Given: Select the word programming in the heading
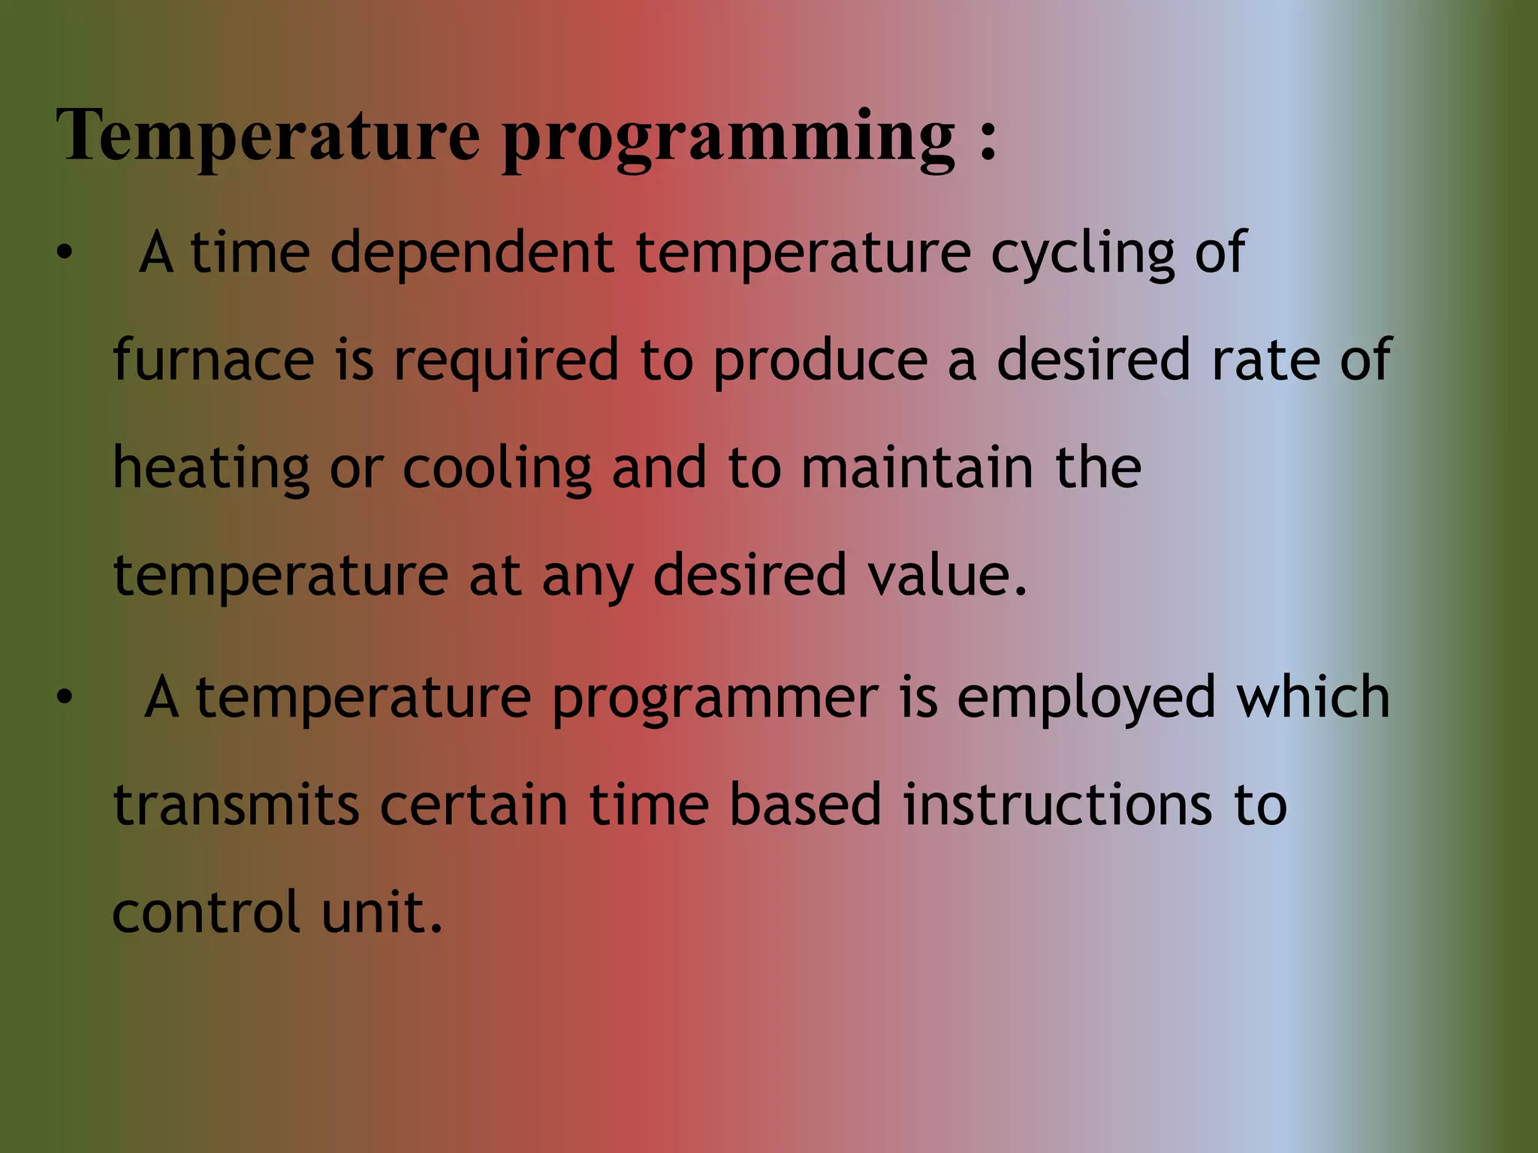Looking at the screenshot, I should click(x=728, y=139).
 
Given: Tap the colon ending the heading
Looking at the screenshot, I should click(x=988, y=139).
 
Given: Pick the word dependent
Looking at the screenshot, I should click(x=472, y=253).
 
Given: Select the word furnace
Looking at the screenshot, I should click(x=213, y=360).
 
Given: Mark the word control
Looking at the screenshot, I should click(x=207, y=912).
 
